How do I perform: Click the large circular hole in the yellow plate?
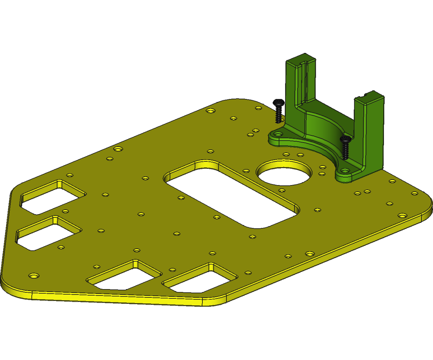click(284, 173)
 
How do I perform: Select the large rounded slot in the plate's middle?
click(231, 194)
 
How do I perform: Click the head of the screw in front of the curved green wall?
click(345, 139)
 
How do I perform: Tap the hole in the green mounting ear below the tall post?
click(277, 134)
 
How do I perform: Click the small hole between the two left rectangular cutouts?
click(65, 211)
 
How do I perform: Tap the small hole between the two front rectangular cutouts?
click(172, 270)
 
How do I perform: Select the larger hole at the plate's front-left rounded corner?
click(34, 276)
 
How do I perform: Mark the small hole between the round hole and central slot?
click(246, 171)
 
